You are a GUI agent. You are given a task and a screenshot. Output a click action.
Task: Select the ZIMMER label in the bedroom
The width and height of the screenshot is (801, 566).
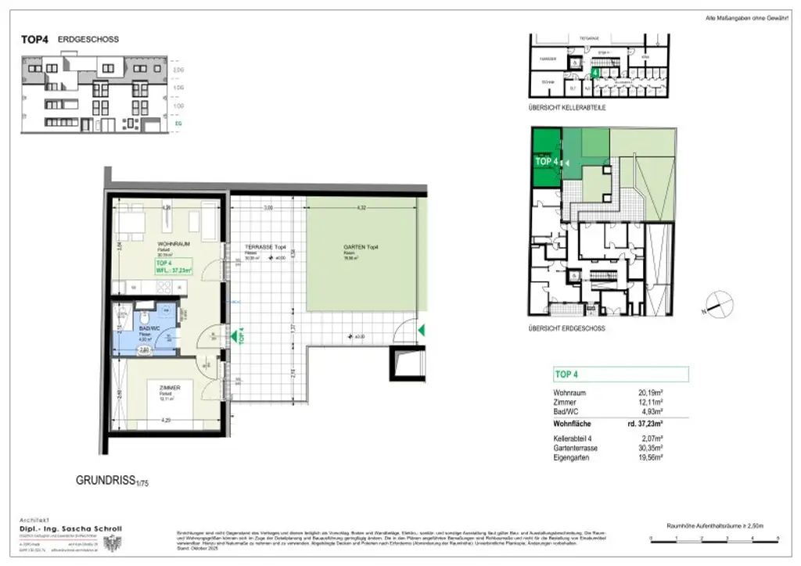pos(169,387)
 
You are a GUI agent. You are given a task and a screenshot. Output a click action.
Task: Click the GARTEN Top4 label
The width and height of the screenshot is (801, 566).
pos(359,246)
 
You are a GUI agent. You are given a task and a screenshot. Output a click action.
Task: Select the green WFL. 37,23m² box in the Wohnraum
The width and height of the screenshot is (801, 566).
pos(176,268)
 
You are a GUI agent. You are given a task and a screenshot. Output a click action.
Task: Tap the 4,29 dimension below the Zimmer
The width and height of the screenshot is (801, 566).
pos(167,421)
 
